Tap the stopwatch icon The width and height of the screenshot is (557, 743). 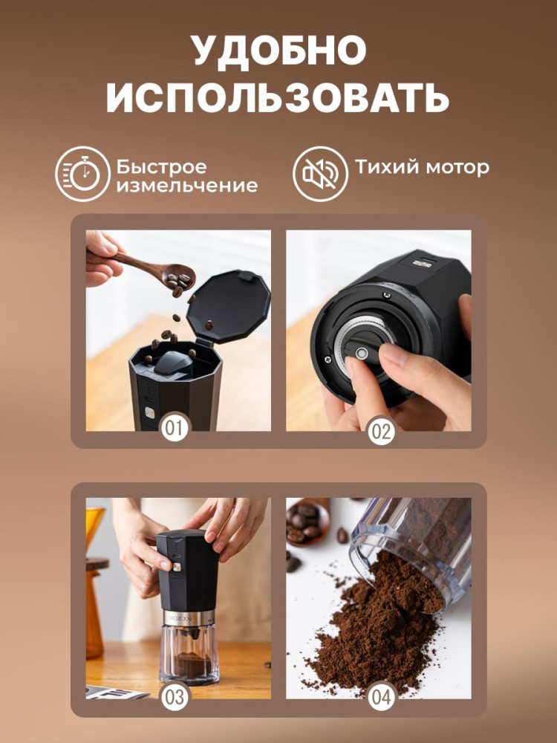click(82, 174)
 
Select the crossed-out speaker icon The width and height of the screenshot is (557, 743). click(320, 174)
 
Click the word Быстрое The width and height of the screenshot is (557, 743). click(161, 166)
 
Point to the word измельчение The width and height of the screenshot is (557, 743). click(186, 186)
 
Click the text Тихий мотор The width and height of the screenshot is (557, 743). click(421, 167)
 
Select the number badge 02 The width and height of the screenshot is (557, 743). click(380, 430)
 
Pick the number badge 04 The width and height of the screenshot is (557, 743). click(380, 698)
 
